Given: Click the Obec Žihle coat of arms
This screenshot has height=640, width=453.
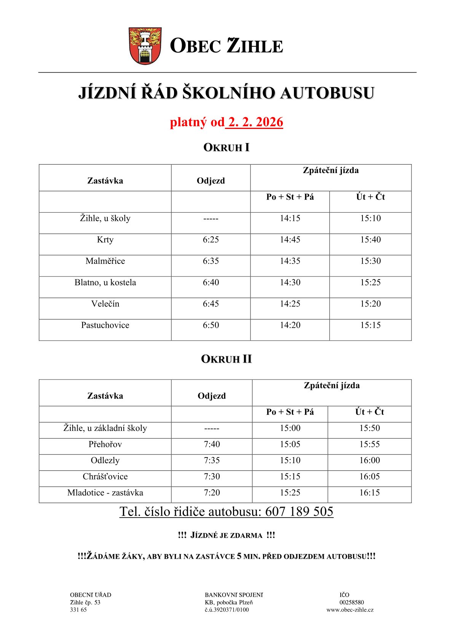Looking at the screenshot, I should click(x=145, y=46).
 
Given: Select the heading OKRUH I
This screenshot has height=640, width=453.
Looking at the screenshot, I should click(x=226, y=148).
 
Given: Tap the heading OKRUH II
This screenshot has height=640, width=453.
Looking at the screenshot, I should click(x=226, y=359).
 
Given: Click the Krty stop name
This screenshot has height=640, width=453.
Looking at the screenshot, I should click(x=105, y=240).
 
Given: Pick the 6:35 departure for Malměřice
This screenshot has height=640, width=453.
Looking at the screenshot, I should click(x=211, y=261).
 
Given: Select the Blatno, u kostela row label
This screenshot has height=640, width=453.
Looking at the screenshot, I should click(x=105, y=282).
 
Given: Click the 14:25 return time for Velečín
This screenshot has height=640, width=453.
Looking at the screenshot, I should click(x=290, y=303).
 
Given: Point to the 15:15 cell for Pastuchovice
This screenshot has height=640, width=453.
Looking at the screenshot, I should click(x=370, y=325).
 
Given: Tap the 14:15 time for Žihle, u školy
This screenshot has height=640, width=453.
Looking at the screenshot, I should click(x=290, y=218).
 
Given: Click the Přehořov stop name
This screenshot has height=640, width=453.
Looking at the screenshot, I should click(x=105, y=444).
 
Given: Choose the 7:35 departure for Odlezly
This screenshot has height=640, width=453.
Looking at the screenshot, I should click(x=212, y=460).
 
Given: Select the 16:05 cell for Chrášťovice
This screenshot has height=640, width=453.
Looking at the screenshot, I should click(x=370, y=476).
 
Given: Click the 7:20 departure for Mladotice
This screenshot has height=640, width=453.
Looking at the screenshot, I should click(x=212, y=492).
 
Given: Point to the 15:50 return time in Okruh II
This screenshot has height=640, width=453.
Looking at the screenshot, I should click(x=370, y=428).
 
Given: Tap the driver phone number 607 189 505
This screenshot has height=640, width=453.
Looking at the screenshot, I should click(x=299, y=511).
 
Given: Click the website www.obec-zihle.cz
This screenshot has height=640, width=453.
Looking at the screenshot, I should click(x=350, y=610).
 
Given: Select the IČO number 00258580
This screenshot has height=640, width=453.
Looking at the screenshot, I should click(x=351, y=602).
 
